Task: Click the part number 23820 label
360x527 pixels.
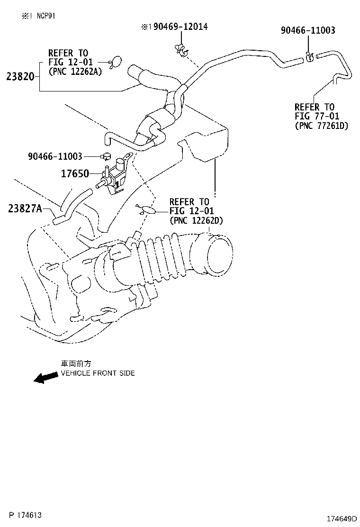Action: tap(20, 76)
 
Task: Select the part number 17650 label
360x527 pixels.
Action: tap(74, 174)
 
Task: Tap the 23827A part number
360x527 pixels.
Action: tap(25, 208)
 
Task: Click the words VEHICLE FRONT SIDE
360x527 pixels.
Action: tap(98, 373)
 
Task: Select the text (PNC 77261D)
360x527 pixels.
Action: tap(321, 126)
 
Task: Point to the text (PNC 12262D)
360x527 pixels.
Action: tap(196, 220)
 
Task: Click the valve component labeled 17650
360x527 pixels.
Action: tap(115, 176)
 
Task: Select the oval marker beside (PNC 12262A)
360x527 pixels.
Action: tap(116, 62)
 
